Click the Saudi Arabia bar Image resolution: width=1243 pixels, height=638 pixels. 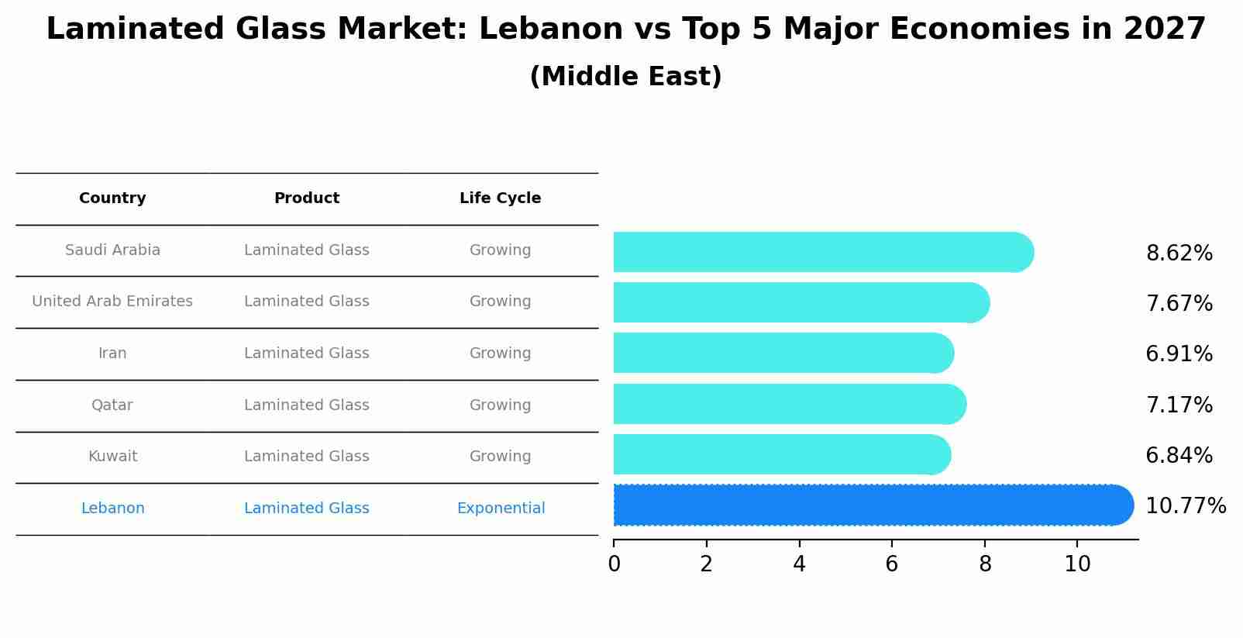coord(821,252)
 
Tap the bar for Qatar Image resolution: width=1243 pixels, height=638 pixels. coord(789,404)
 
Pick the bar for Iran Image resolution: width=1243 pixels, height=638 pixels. coord(783,353)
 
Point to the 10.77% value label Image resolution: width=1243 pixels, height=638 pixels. coord(1185,506)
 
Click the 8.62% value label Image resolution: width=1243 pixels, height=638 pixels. coord(1179,253)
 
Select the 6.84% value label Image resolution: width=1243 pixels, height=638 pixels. coord(1179,456)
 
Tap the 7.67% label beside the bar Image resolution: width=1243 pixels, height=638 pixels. coord(1179,304)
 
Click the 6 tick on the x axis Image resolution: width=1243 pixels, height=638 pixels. coord(892,564)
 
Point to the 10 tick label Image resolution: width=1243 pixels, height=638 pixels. coord(1077,564)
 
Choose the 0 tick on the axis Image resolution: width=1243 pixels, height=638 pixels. coord(614,564)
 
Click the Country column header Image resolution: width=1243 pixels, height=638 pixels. coord(112,198)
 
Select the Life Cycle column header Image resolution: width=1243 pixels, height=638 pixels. coord(500,198)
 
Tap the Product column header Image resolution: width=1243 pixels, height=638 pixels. coord(306,198)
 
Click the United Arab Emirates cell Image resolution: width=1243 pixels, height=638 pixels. coord(112,302)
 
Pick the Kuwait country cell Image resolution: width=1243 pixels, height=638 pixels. coord(112,457)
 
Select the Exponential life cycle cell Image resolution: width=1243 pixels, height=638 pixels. coord(501,509)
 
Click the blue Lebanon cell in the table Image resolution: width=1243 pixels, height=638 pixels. coord(112,509)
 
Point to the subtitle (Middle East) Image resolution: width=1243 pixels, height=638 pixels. coord(625,77)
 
